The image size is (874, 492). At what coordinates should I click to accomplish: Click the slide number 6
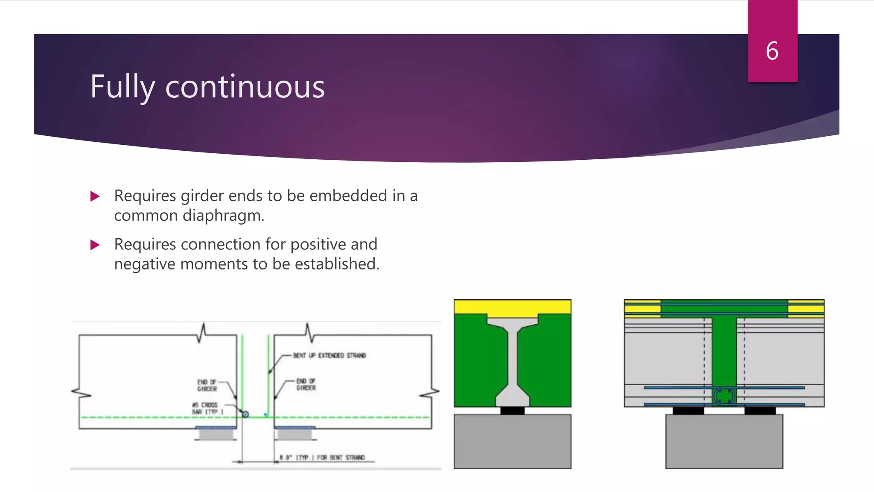[772, 51]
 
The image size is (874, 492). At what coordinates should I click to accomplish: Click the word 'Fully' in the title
[122, 87]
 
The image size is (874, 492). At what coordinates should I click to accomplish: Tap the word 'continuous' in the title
[245, 87]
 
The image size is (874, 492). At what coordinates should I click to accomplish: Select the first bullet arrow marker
[95, 196]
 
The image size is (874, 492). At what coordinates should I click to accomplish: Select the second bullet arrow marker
[95, 245]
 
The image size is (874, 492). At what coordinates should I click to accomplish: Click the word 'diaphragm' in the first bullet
[222, 216]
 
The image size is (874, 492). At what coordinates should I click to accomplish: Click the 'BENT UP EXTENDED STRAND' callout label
[329, 355]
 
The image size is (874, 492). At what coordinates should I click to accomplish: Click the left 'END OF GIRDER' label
[207, 385]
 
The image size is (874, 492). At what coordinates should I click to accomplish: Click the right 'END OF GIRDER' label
[306, 384]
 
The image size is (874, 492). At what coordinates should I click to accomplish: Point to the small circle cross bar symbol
[245, 414]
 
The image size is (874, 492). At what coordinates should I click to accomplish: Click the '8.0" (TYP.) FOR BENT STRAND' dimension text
[323, 457]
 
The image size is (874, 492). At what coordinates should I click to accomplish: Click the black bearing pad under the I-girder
[512, 410]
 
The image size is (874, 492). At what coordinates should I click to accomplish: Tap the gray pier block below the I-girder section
[512, 441]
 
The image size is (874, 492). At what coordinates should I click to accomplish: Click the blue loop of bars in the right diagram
[724, 395]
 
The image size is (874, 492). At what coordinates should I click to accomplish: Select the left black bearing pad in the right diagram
[688, 410]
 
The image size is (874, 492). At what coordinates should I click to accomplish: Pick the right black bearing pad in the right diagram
[760, 410]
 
